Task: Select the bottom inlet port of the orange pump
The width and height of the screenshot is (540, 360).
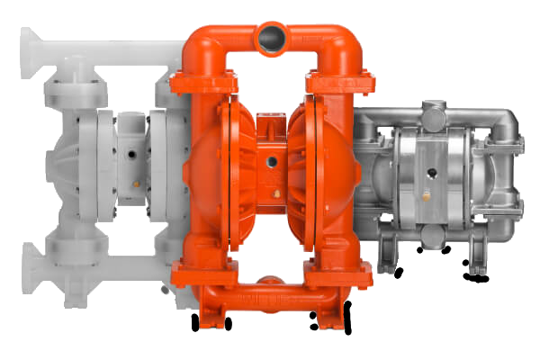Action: pos(270,286)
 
